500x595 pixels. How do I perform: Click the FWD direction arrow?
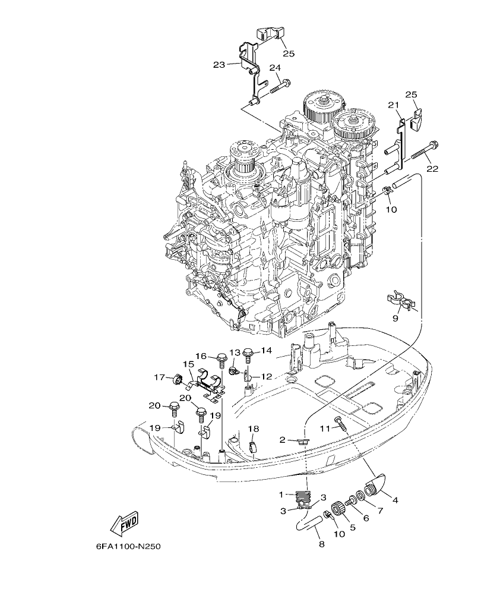(124, 523)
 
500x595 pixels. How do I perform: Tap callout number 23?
(219, 64)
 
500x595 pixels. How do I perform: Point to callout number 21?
(392, 105)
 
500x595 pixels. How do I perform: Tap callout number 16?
(201, 356)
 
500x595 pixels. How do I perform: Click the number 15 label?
(188, 364)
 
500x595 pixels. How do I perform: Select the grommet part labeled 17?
(175, 379)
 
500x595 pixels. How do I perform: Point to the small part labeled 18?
(252, 445)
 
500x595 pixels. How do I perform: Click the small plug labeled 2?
(302, 441)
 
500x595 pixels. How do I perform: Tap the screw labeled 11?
(340, 423)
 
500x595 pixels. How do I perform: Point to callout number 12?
(266, 376)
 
